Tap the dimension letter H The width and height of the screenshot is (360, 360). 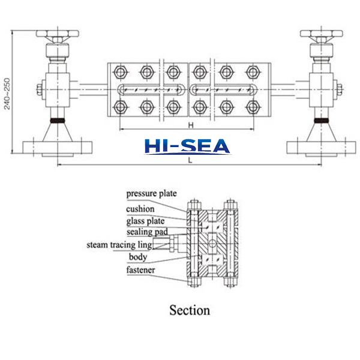(x=190, y=125)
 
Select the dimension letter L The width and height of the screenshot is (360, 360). (x=190, y=161)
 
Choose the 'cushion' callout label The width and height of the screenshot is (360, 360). (x=140, y=209)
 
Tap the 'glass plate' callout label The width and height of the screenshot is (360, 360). (x=145, y=220)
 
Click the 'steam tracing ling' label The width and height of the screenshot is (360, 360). (x=118, y=245)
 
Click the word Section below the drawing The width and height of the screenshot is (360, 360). (x=190, y=310)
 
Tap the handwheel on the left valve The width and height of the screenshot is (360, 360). (x=58, y=32)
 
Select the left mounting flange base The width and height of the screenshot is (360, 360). (x=58, y=146)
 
